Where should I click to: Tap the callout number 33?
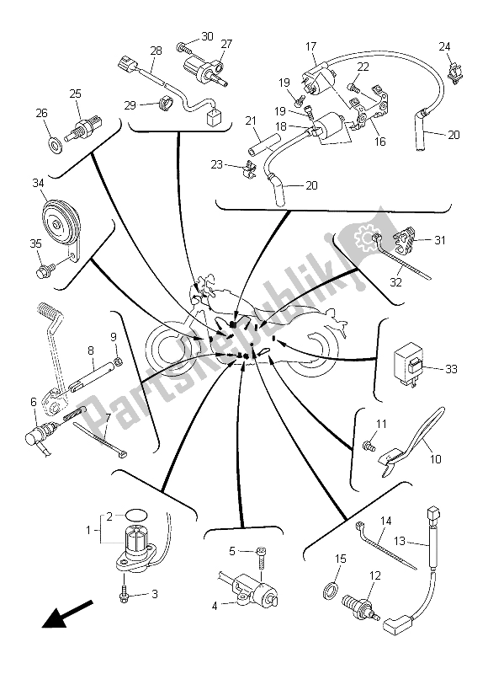(451, 369)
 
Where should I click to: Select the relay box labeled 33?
(409, 365)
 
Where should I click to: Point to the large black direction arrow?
(67, 614)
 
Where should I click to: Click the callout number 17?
(310, 46)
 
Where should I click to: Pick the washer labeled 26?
(56, 146)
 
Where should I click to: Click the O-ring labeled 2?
(137, 515)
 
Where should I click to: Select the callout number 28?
(156, 51)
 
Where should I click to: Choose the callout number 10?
(435, 459)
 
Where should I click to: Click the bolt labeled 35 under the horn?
(44, 271)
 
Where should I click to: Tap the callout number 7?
(107, 416)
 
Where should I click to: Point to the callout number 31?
(440, 240)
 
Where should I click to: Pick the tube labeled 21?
(263, 145)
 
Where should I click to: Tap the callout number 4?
(215, 607)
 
